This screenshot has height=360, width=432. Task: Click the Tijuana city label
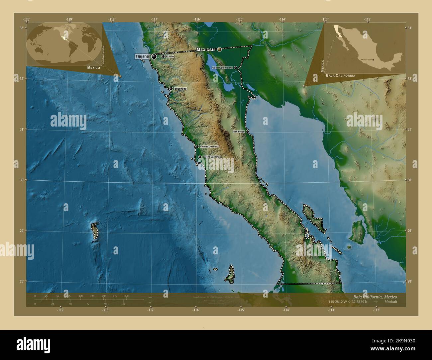coord(142,56)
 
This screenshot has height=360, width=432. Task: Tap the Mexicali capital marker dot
coord(220,49)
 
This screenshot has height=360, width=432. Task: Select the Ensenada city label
coord(180,89)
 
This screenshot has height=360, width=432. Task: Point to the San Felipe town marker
coord(247,132)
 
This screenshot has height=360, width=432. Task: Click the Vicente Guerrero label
coord(209,146)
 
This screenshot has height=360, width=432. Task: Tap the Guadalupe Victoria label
coord(222,67)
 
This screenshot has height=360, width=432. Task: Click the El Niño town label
coord(170,56)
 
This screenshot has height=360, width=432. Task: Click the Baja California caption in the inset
coord(341,76)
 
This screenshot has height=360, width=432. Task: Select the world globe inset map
coord(65,42)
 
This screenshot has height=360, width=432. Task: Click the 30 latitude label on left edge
coord(21,180)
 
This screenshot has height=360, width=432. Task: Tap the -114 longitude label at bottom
coord(286,310)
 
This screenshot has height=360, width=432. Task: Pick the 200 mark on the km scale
coord(126,296)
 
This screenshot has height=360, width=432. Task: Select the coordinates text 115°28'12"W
coord(338,302)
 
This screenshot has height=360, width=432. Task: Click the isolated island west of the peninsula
coord(95,231)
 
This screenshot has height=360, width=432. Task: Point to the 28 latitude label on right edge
coord(409,282)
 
